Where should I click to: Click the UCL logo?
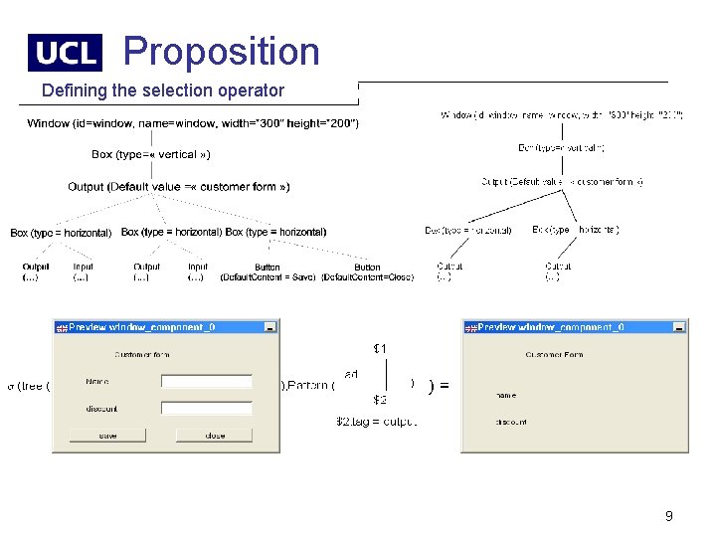click(65, 53)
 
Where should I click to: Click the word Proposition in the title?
click(221, 52)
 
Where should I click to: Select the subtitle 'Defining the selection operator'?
click(163, 90)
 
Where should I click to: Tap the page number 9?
click(668, 516)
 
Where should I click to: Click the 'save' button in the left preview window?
click(107, 436)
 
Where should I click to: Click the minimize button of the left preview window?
click(269, 326)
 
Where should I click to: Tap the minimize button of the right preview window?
click(678, 326)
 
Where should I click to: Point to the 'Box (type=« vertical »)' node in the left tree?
click(150, 154)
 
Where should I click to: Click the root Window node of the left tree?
click(193, 123)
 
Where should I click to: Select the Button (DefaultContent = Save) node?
click(267, 271)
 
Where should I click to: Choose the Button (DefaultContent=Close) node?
click(367, 271)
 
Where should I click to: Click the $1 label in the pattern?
click(380, 348)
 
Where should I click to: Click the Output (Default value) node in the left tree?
click(179, 187)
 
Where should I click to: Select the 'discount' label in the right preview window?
click(511, 422)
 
